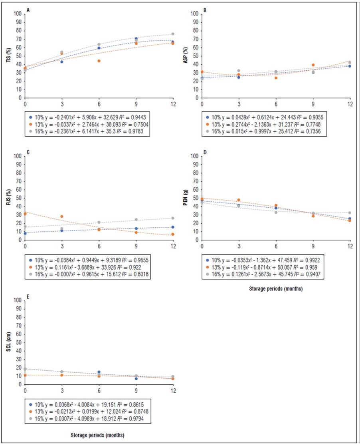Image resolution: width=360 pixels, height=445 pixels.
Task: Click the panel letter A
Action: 28,9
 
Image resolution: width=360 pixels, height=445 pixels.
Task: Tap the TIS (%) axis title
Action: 8,56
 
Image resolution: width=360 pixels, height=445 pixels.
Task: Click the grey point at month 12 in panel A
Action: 173,34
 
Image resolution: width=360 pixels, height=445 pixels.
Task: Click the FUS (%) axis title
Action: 8,198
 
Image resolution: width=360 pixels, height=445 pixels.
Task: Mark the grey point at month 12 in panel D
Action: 350,213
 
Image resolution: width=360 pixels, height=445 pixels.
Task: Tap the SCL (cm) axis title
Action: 8,342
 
